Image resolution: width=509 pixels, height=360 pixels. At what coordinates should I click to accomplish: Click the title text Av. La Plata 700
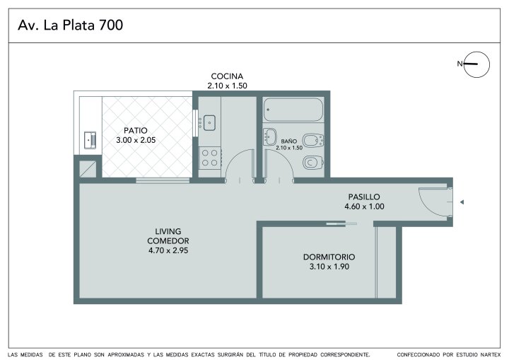click(x=71, y=25)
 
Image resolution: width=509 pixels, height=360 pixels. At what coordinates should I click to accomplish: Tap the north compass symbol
click(x=476, y=64)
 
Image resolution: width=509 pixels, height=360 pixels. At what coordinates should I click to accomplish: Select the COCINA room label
click(x=227, y=76)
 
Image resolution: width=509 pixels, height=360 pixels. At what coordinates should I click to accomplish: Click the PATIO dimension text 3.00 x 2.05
click(x=136, y=140)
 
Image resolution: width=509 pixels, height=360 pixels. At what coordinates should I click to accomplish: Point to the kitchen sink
click(x=209, y=123)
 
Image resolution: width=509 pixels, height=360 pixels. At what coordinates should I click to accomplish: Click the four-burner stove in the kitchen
click(x=210, y=158)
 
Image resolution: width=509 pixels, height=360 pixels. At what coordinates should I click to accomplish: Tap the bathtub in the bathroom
click(x=293, y=110)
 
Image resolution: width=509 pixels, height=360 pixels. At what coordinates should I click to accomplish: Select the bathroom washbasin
click(x=270, y=137)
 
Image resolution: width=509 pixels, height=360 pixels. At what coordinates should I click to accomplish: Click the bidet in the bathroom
click(x=313, y=141)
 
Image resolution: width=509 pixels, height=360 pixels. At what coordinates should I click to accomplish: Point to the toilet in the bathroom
click(x=313, y=162)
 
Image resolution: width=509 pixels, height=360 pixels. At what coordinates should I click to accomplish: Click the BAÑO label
click(x=289, y=141)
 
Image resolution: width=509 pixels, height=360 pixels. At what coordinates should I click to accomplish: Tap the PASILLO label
click(x=364, y=197)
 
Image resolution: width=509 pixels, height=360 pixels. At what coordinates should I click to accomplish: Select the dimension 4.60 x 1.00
click(x=364, y=207)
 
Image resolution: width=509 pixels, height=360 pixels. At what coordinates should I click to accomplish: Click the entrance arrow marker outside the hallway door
click(x=462, y=202)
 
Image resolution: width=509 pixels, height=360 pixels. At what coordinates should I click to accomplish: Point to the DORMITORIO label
click(x=329, y=257)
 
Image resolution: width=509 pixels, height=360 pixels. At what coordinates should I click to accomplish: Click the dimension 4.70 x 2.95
click(x=168, y=250)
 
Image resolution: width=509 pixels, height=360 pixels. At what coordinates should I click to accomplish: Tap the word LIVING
click(x=168, y=231)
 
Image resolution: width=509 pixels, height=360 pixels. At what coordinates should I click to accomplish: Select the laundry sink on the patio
click(x=90, y=140)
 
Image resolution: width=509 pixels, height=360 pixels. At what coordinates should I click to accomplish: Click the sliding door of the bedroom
click(x=341, y=223)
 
